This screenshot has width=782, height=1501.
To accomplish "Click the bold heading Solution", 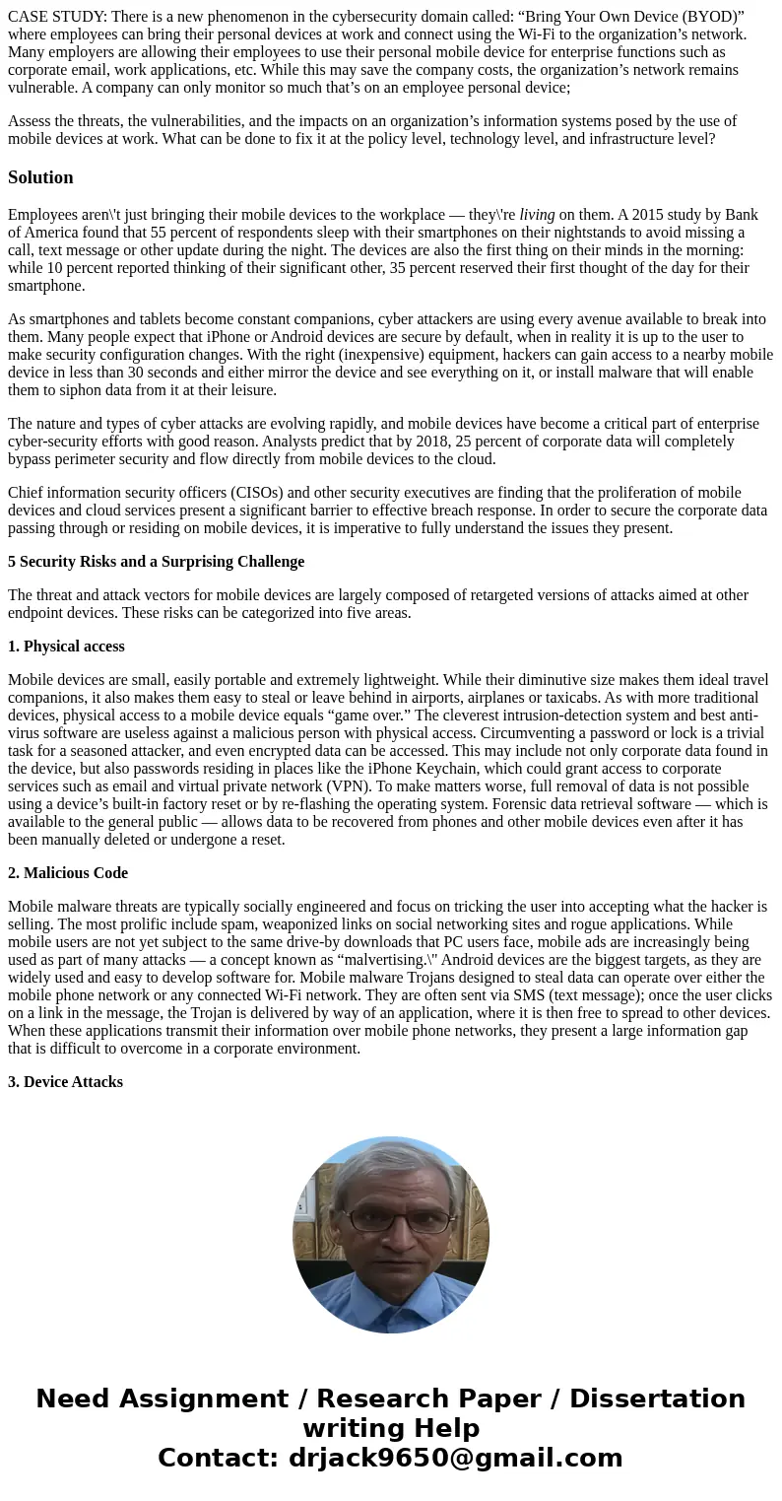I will [x=40, y=177].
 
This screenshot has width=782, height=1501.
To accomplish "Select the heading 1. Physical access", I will [x=66, y=647].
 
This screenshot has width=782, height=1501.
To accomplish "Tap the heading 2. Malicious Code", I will [x=68, y=873].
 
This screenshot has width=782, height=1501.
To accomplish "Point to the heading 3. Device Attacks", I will [x=65, y=1082].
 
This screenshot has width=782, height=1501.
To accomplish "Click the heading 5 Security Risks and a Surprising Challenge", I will [x=156, y=562].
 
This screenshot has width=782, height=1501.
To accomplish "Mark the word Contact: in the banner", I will [x=219, y=1458].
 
